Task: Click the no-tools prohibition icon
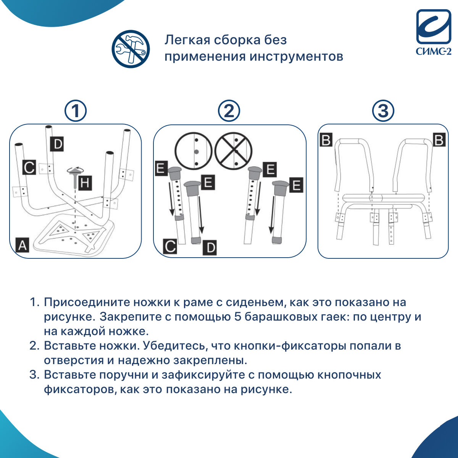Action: tap(131, 49)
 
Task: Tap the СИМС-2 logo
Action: tap(434, 32)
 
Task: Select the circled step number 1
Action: tap(76, 111)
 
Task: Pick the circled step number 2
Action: tap(229, 111)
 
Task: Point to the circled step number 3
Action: tap(383, 111)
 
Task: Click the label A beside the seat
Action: tap(23, 245)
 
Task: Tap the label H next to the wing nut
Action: tap(85, 183)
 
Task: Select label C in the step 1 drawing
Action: tap(29, 167)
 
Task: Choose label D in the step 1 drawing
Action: tap(57, 144)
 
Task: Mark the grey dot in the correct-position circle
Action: tap(196, 152)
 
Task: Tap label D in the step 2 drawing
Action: tap(210, 247)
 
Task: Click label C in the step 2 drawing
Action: tap(170, 247)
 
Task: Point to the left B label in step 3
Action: tap(326, 140)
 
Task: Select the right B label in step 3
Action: tap(439, 140)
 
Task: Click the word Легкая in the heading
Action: tap(187, 40)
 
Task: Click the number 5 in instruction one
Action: tap(238, 317)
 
